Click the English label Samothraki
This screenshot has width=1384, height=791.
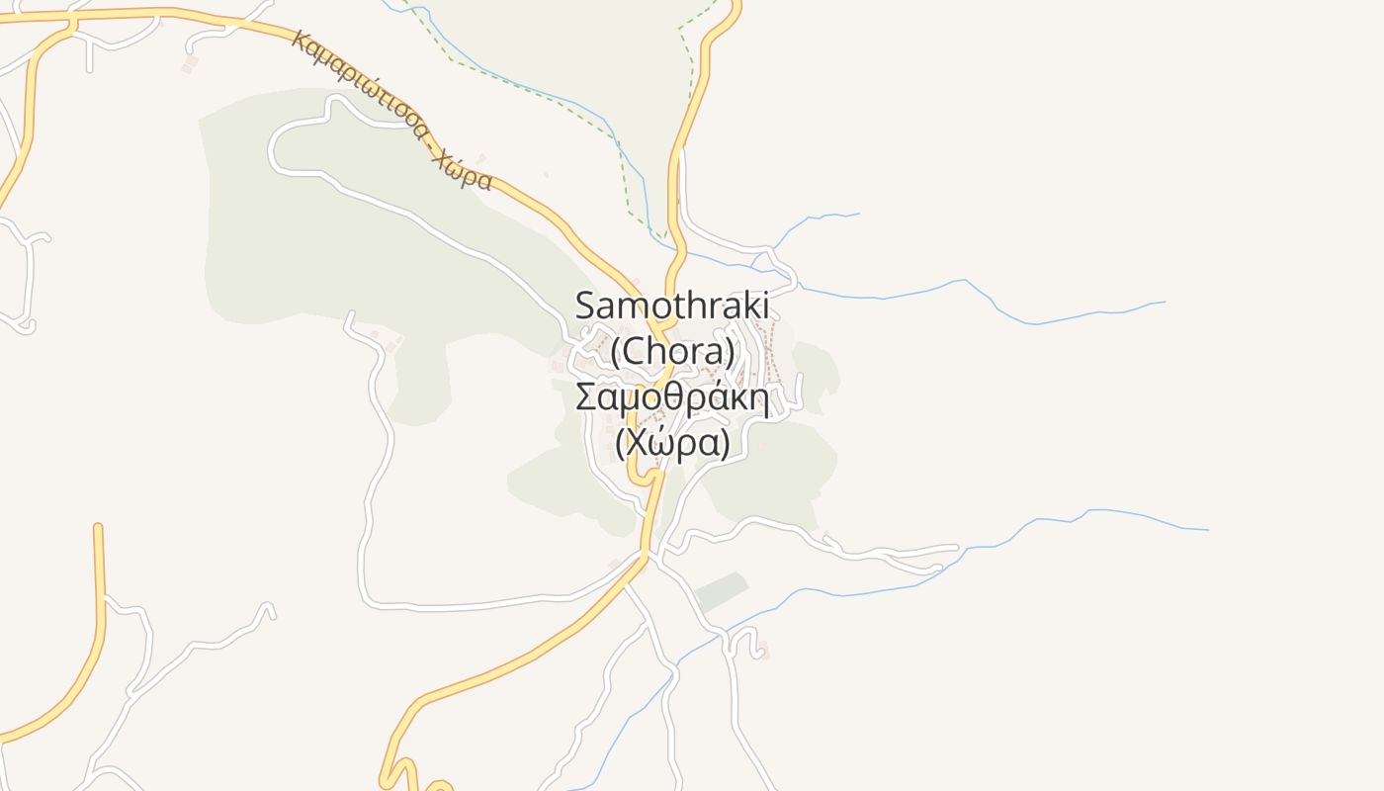pyautogui.click(x=672, y=304)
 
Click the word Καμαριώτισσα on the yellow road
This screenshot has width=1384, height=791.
pyautogui.click(x=361, y=87)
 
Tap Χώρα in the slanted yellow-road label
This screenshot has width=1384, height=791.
pyautogui.click(x=463, y=169)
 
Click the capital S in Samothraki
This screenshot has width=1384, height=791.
pyautogui.click(x=587, y=304)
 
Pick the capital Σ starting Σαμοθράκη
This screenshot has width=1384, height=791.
pyautogui.click(x=586, y=397)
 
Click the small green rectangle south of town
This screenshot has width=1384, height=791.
pyautogui.click(x=721, y=590)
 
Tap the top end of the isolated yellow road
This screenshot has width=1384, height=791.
pyautogui.click(x=98, y=528)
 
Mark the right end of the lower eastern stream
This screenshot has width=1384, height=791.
pyautogui.click(x=1207, y=530)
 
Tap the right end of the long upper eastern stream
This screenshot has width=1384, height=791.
pyautogui.click(x=1165, y=302)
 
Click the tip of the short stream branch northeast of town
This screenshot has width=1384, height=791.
pyautogui.click(x=858, y=214)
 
